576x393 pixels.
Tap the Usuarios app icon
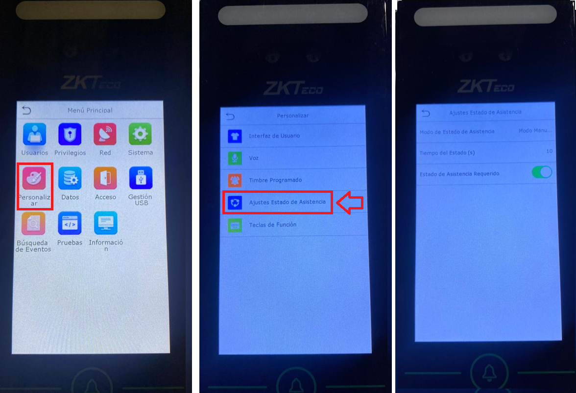(x=34, y=134)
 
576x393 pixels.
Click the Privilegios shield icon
(x=70, y=134)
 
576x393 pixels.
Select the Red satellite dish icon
(x=105, y=134)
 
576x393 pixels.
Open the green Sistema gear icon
(x=140, y=134)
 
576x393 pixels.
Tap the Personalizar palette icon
(x=34, y=178)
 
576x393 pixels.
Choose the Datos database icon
(x=70, y=178)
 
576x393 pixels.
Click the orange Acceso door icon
(x=105, y=178)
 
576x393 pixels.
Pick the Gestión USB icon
(x=141, y=178)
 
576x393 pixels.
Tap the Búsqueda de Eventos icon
(x=33, y=223)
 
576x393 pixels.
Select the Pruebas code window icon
(x=70, y=223)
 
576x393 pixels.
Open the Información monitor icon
(x=105, y=223)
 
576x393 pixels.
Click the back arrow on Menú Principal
(x=26, y=110)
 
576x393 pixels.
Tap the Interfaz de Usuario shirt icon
(x=235, y=136)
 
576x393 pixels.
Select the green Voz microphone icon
(x=235, y=158)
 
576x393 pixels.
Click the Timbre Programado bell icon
(x=235, y=180)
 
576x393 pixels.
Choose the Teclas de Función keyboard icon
(x=235, y=225)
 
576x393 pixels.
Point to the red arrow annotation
(x=350, y=203)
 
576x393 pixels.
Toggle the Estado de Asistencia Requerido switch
(x=542, y=172)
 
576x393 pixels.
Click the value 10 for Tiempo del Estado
(x=549, y=151)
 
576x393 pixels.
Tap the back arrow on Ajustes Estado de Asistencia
(x=426, y=113)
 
